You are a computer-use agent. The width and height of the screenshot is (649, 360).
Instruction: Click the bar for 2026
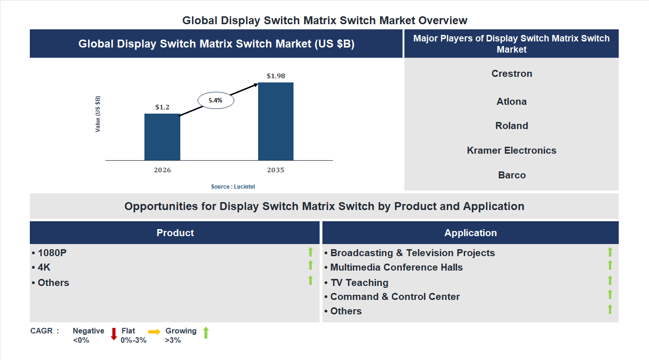[162, 137]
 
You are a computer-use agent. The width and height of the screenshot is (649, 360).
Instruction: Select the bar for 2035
[276, 122]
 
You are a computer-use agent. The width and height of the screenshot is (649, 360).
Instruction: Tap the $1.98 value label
[276, 76]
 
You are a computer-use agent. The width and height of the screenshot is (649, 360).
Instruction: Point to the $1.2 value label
[162, 107]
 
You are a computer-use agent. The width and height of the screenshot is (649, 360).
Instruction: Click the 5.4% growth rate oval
[216, 100]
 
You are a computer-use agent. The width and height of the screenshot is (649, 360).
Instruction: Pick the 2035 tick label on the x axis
[276, 170]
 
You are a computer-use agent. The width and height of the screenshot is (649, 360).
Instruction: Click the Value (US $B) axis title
[98, 114]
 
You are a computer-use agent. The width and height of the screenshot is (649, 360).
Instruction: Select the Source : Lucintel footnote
[233, 187]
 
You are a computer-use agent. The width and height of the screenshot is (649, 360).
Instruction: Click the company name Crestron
[512, 74]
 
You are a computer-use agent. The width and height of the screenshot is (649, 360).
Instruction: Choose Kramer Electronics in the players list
[512, 150]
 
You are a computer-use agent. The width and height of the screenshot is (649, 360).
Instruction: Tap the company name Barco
[512, 175]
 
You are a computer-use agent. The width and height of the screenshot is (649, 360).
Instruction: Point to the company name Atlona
[512, 102]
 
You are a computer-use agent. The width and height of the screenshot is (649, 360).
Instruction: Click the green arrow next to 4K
[310, 265]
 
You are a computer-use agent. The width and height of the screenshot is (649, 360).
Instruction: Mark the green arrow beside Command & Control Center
[610, 295]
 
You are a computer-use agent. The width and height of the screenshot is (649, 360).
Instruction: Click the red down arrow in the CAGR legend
[114, 334]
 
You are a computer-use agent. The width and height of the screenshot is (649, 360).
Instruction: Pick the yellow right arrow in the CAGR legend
[154, 332]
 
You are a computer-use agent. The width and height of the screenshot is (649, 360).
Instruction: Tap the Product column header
[175, 233]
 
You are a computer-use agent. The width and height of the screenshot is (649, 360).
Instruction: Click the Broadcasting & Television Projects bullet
[410, 253]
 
